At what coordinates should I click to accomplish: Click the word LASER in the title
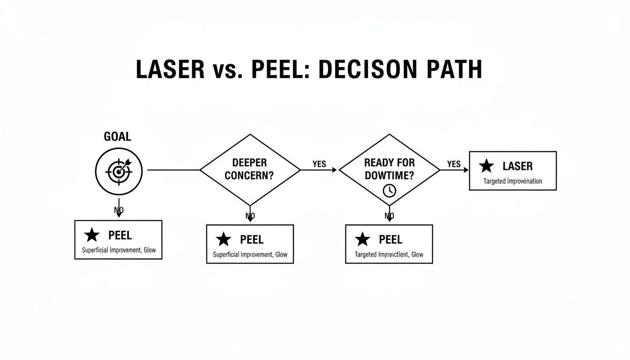click(170, 70)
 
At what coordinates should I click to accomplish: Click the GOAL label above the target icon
click(117, 137)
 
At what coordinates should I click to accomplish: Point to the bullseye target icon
click(119, 171)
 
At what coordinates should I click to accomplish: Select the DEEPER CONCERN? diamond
click(250, 169)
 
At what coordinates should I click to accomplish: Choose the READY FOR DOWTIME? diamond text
click(389, 169)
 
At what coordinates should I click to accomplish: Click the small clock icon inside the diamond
click(389, 190)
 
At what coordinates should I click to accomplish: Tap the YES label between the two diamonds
click(319, 165)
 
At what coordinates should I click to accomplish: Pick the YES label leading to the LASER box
click(454, 164)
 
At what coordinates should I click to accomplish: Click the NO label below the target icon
click(119, 210)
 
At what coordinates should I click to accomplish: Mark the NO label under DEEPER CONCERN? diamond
click(250, 216)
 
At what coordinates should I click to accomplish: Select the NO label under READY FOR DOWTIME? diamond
click(389, 216)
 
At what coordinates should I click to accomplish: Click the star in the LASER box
click(487, 166)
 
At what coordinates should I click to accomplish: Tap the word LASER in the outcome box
click(517, 166)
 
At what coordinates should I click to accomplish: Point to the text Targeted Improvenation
click(512, 181)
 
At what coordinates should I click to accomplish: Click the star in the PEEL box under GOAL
click(92, 235)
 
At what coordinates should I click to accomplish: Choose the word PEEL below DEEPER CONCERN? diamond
click(252, 240)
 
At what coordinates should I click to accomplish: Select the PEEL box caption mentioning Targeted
click(389, 255)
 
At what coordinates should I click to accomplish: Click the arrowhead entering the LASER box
click(466, 170)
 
